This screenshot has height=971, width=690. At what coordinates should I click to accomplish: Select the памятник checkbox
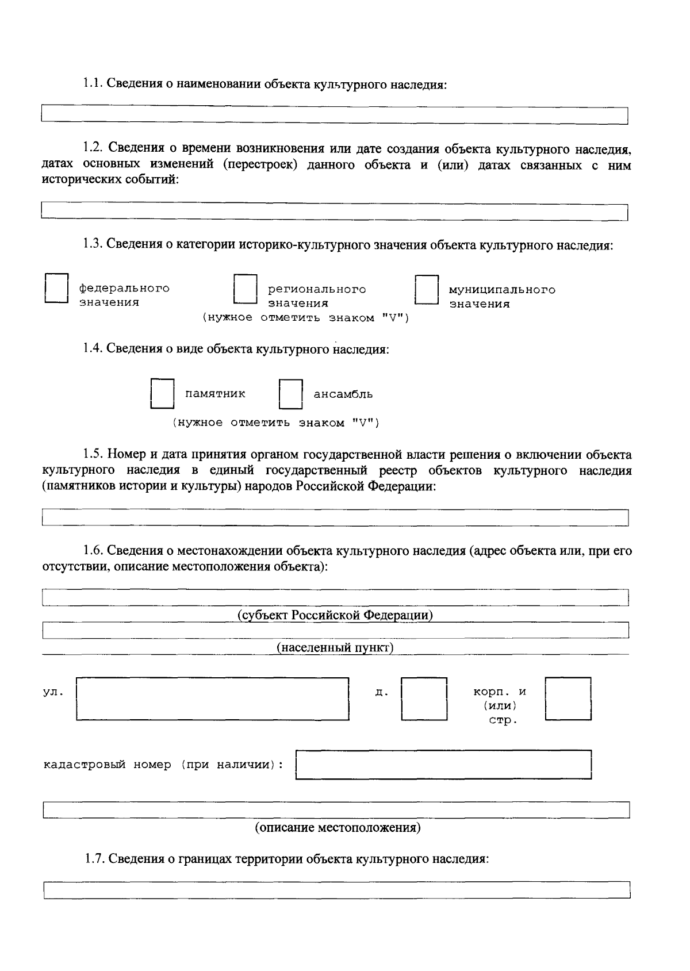pyautogui.click(x=162, y=394)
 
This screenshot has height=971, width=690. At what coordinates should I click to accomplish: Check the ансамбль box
pyautogui.click(x=290, y=394)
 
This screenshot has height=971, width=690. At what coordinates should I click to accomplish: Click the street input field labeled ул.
pyautogui.click(x=212, y=698)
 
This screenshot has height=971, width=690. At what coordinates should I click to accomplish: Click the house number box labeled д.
pyautogui.click(x=424, y=698)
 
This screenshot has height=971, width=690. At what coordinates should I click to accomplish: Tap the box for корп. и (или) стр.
pyautogui.click(x=568, y=698)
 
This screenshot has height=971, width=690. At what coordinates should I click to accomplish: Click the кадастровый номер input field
pyautogui.click(x=443, y=765)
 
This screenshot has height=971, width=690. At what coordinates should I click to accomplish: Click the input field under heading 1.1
pyautogui.click(x=335, y=116)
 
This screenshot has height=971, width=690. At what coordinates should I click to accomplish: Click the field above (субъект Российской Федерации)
pyautogui.click(x=335, y=598)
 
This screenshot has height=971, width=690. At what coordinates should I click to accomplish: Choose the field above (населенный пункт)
pyautogui.click(x=335, y=630)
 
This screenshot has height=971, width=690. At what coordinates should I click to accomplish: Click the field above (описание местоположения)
pyautogui.click(x=336, y=810)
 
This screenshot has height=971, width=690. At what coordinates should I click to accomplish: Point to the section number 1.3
pyautogui.click(x=93, y=244)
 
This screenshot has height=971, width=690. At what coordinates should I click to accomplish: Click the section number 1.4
pyautogui.click(x=93, y=349)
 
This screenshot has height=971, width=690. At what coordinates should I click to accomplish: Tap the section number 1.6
pyautogui.click(x=93, y=551)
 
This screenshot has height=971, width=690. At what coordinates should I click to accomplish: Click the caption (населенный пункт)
pyautogui.click(x=335, y=648)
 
